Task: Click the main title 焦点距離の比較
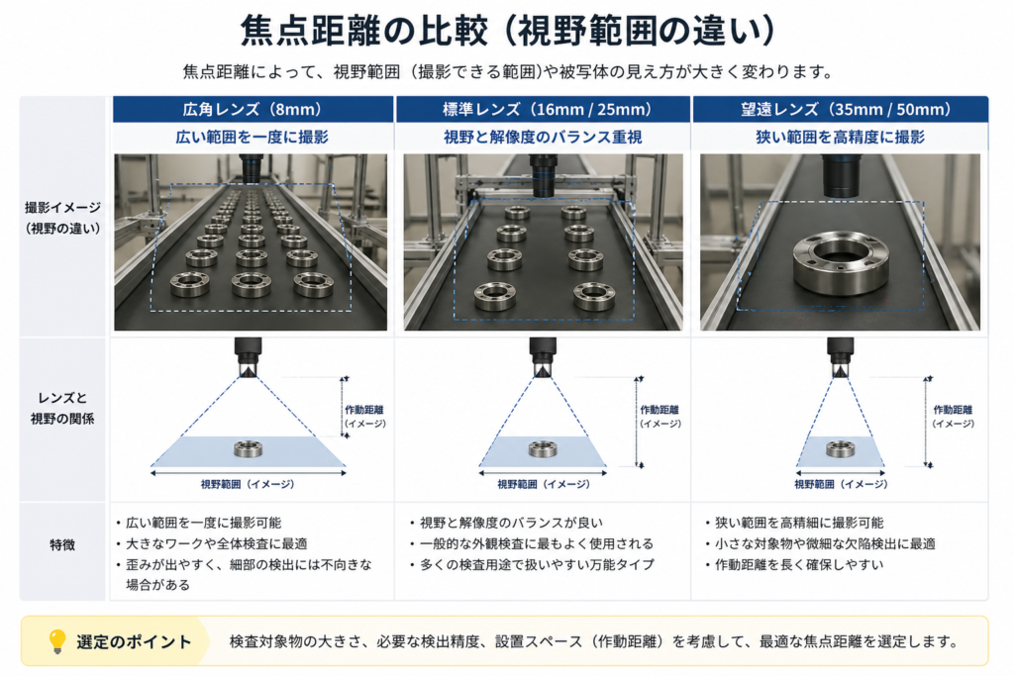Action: (x=364, y=30)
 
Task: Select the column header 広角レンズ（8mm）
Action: (x=253, y=109)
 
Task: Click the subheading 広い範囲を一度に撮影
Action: (x=253, y=137)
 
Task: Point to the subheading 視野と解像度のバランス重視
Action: (x=544, y=137)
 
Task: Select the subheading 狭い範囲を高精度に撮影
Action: (x=840, y=137)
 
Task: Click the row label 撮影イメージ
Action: (x=62, y=208)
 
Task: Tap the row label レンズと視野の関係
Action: (x=62, y=408)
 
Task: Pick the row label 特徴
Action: (x=62, y=544)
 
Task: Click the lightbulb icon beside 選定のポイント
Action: (x=57, y=641)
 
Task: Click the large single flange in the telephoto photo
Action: (x=841, y=263)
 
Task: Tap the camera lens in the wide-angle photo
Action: (x=252, y=169)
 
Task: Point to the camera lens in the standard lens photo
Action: (x=544, y=174)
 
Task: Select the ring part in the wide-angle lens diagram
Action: (x=249, y=448)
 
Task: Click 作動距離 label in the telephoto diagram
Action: (x=953, y=410)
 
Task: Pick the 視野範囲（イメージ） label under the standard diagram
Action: (x=544, y=484)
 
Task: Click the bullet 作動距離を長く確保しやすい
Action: (x=799, y=565)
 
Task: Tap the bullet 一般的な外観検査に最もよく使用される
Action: (x=536, y=543)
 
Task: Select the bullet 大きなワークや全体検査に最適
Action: (x=216, y=543)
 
